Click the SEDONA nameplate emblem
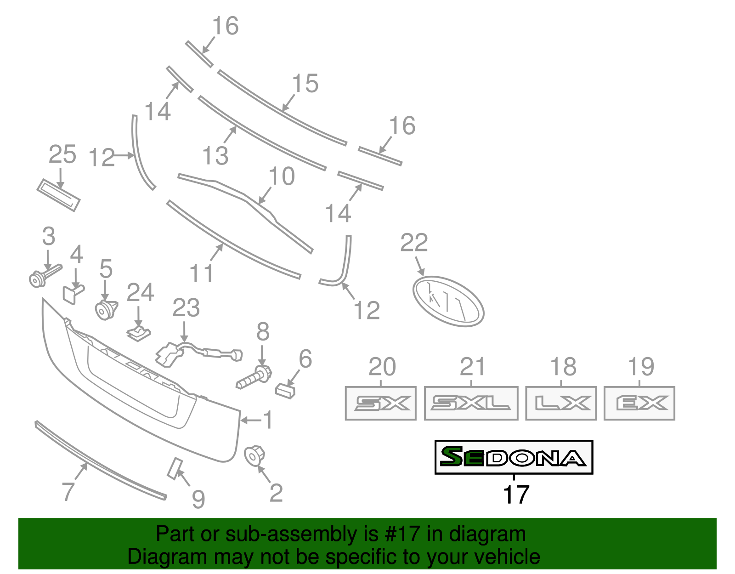(514, 457)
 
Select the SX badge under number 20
(380, 404)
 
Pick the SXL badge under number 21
(471, 404)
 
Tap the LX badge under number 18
(561, 404)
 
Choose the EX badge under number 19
(639, 404)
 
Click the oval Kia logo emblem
(448, 301)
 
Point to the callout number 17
(516, 495)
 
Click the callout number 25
(62, 154)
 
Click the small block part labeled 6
(285, 391)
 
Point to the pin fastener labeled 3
(42, 276)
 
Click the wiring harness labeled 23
(198, 353)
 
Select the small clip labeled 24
(139, 334)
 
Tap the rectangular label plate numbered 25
(58, 195)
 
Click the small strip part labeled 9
(175, 468)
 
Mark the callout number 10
(281, 176)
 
